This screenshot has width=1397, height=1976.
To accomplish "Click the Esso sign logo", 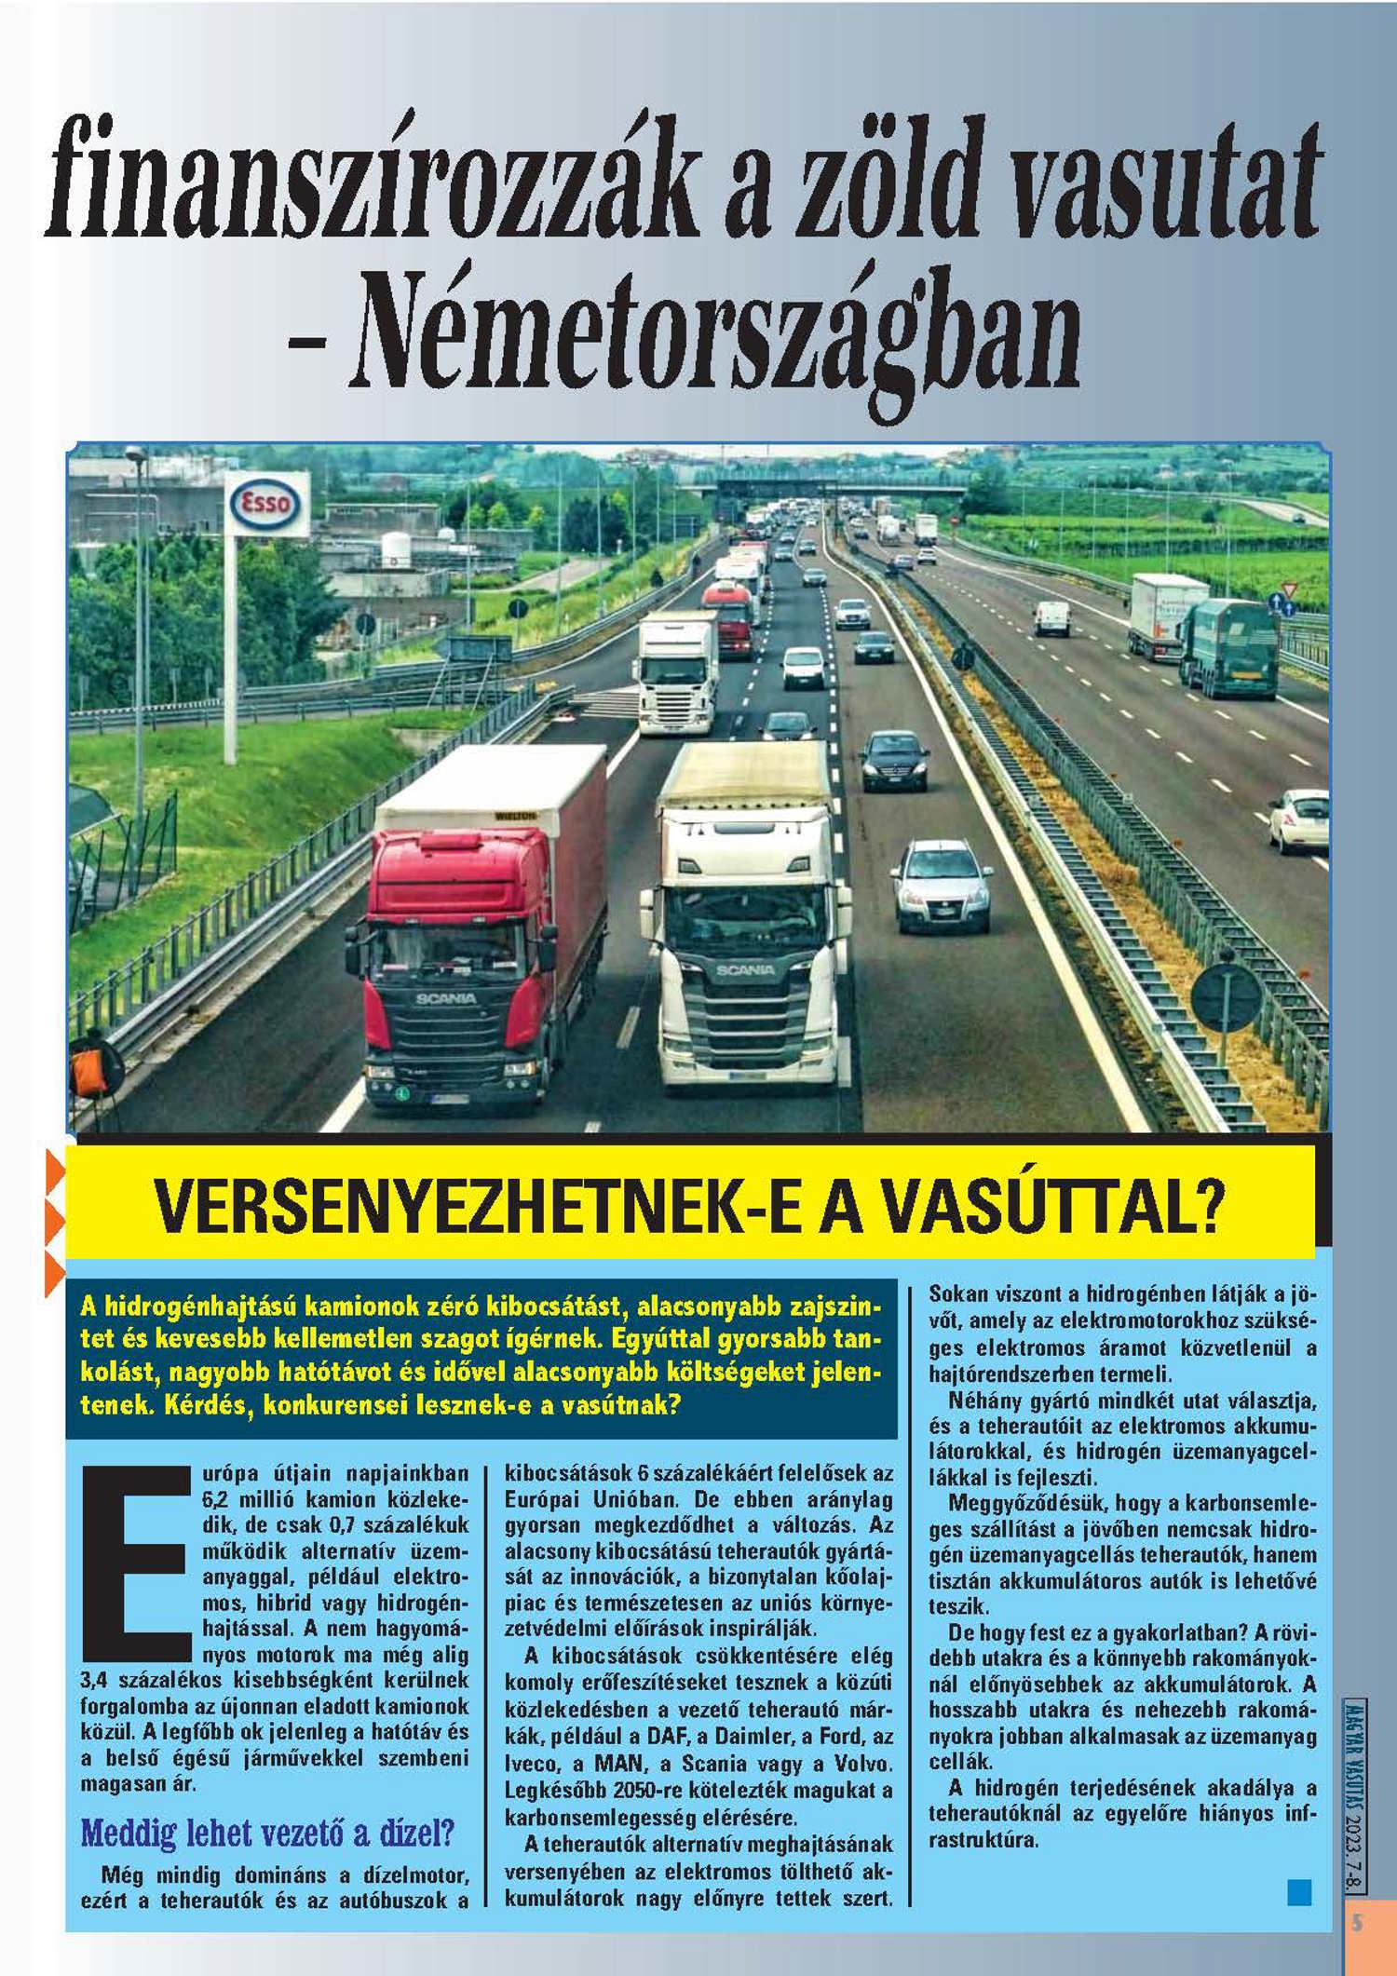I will [267, 506].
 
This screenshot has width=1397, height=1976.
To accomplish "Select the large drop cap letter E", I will [134, 1565].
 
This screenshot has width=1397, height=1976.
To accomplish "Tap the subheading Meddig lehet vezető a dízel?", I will [268, 1833].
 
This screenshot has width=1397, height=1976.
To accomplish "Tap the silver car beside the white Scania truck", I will [941, 885].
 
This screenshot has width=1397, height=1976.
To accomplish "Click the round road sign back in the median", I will [1227, 997].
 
